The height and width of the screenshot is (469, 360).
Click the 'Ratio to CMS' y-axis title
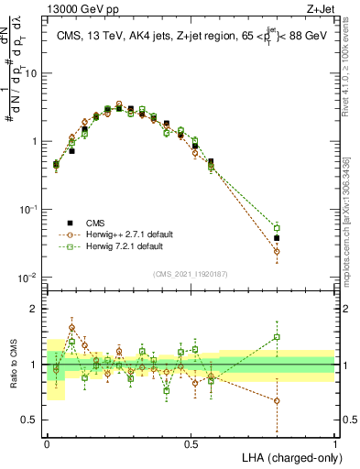(12, 365)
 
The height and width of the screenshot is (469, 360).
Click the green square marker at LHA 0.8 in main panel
(278, 227)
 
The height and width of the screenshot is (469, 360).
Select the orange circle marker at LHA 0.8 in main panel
(278, 251)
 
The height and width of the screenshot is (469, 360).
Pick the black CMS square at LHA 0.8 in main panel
(278, 238)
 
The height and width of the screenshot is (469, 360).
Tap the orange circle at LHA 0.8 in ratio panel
(278, 400)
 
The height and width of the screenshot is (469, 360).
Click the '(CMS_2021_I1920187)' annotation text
(191, 273)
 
